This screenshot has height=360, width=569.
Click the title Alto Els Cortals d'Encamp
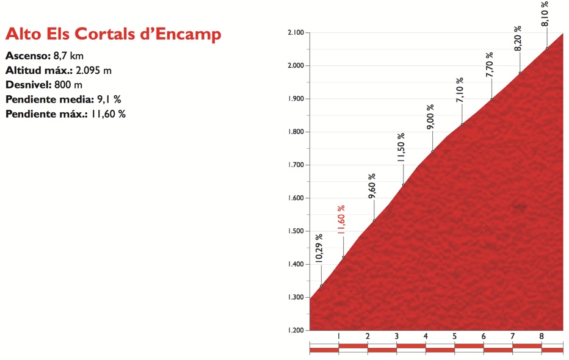pyautogui.click(x=113, y=34)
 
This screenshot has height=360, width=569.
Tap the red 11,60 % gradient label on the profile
pyautogui.click(x=340, y=220)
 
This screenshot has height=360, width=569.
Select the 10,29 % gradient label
pyautogui.click(x=318, y=249)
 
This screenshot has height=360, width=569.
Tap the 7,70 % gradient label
pyautogui.click(x=488, y=65)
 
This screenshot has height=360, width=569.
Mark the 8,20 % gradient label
pyautogui.click(x=517, y=38)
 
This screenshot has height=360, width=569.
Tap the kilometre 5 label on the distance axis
pyautogui.click(x=454, y=336)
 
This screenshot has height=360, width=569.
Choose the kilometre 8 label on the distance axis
pyautogui.click(x=542, y=336)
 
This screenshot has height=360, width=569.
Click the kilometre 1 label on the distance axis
pyautogui.click(x=338, y=336)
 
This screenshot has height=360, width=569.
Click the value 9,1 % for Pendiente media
pyautogui.click(x=109, y=99)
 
